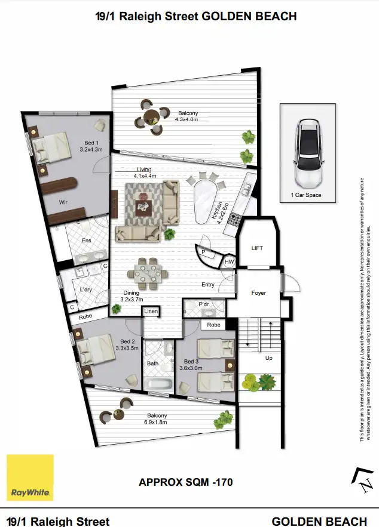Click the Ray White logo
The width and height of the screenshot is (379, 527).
(30, 477)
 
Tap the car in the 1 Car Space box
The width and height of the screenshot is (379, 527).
(308, 152)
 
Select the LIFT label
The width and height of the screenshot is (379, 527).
(257, 248)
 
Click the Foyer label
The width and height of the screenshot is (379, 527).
(258, 293)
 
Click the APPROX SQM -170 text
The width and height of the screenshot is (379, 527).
(185, 481)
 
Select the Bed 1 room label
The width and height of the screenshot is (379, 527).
(93, 146)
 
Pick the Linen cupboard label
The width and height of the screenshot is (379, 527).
(151, 312)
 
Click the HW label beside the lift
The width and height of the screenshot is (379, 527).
(229, 261)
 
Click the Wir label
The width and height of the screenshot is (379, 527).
(63, 202)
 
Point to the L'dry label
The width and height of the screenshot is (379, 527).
(86, 289)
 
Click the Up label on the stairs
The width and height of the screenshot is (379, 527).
(269, 358)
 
